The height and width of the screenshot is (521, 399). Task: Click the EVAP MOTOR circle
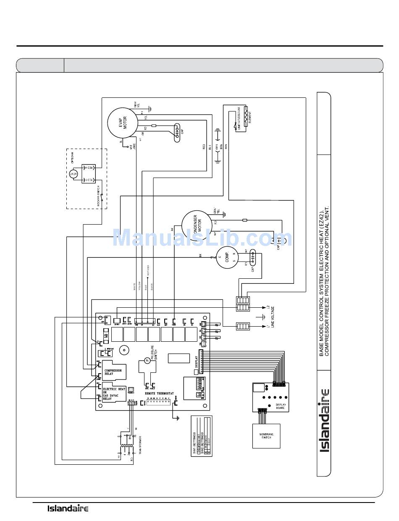pos(122,123)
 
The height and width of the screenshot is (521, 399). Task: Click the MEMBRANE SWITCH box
pos(265,436)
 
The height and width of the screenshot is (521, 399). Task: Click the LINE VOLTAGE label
pos(273,317)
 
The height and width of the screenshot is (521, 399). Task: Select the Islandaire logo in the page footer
pos(67,509)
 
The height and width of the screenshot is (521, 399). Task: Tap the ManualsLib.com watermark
pos(202,238)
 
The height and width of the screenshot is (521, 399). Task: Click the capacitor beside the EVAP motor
pos(178,132)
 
